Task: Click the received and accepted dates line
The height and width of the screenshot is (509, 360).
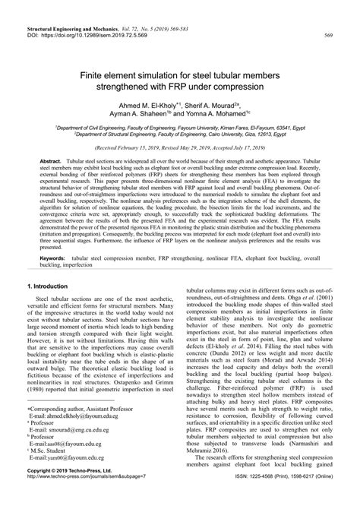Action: (x=179, y=150)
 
